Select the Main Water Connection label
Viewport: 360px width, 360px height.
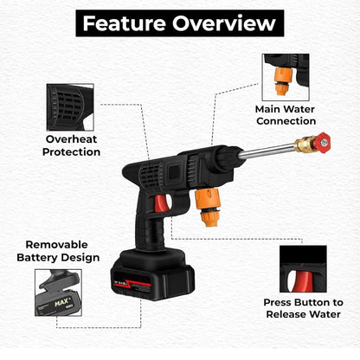tap(285, 115)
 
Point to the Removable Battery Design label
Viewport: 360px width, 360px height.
tap(56, 251)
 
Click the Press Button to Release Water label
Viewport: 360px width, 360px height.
tap(303, 308)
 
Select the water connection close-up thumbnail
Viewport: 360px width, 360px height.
tap(286, 76)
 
